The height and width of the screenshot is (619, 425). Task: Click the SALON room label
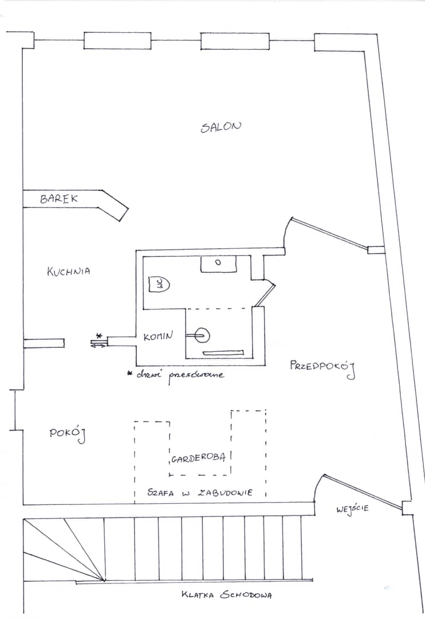coord(221,127)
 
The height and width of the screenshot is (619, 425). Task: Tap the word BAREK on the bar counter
coord(59,198)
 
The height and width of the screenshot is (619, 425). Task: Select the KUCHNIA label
coord(68,272)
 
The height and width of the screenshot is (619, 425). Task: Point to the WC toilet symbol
coord(159,284)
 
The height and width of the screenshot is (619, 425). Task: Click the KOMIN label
coord(158,336)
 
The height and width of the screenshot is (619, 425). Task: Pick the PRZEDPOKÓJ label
coord(322,368)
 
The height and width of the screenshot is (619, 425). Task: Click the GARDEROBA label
coord(198,459)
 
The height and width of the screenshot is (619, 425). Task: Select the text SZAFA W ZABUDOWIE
coord(200,492)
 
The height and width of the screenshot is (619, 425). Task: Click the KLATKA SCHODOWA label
coord(226,594)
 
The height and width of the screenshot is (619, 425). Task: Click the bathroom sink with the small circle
coord(218,264)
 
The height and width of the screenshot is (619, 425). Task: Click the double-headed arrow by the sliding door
coord(99,346)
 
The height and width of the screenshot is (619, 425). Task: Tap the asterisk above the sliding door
coord(99,336)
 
